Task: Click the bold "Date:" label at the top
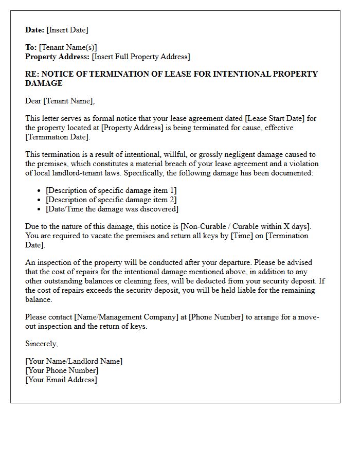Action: pyautogui.click(x=35, y=30)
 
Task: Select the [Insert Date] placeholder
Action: pyautogui.click(x=67, y=30)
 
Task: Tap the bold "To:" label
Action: pyautogui.click(x=31, y=47)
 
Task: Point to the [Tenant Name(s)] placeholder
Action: pyautogui.click(x=68, y=47)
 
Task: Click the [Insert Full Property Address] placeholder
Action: pyautogui.click(x=141, y=57)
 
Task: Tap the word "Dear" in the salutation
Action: pyautogui.click(x=33, y=101)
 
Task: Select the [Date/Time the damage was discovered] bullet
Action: pyautogui.click(x=112, y=209)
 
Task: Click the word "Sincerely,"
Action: pyautogui.click(x=42, y=344)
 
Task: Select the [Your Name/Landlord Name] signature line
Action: pyautogui.click(x=74, y=361)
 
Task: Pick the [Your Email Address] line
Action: pyautogui.click(x=61, y=380)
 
